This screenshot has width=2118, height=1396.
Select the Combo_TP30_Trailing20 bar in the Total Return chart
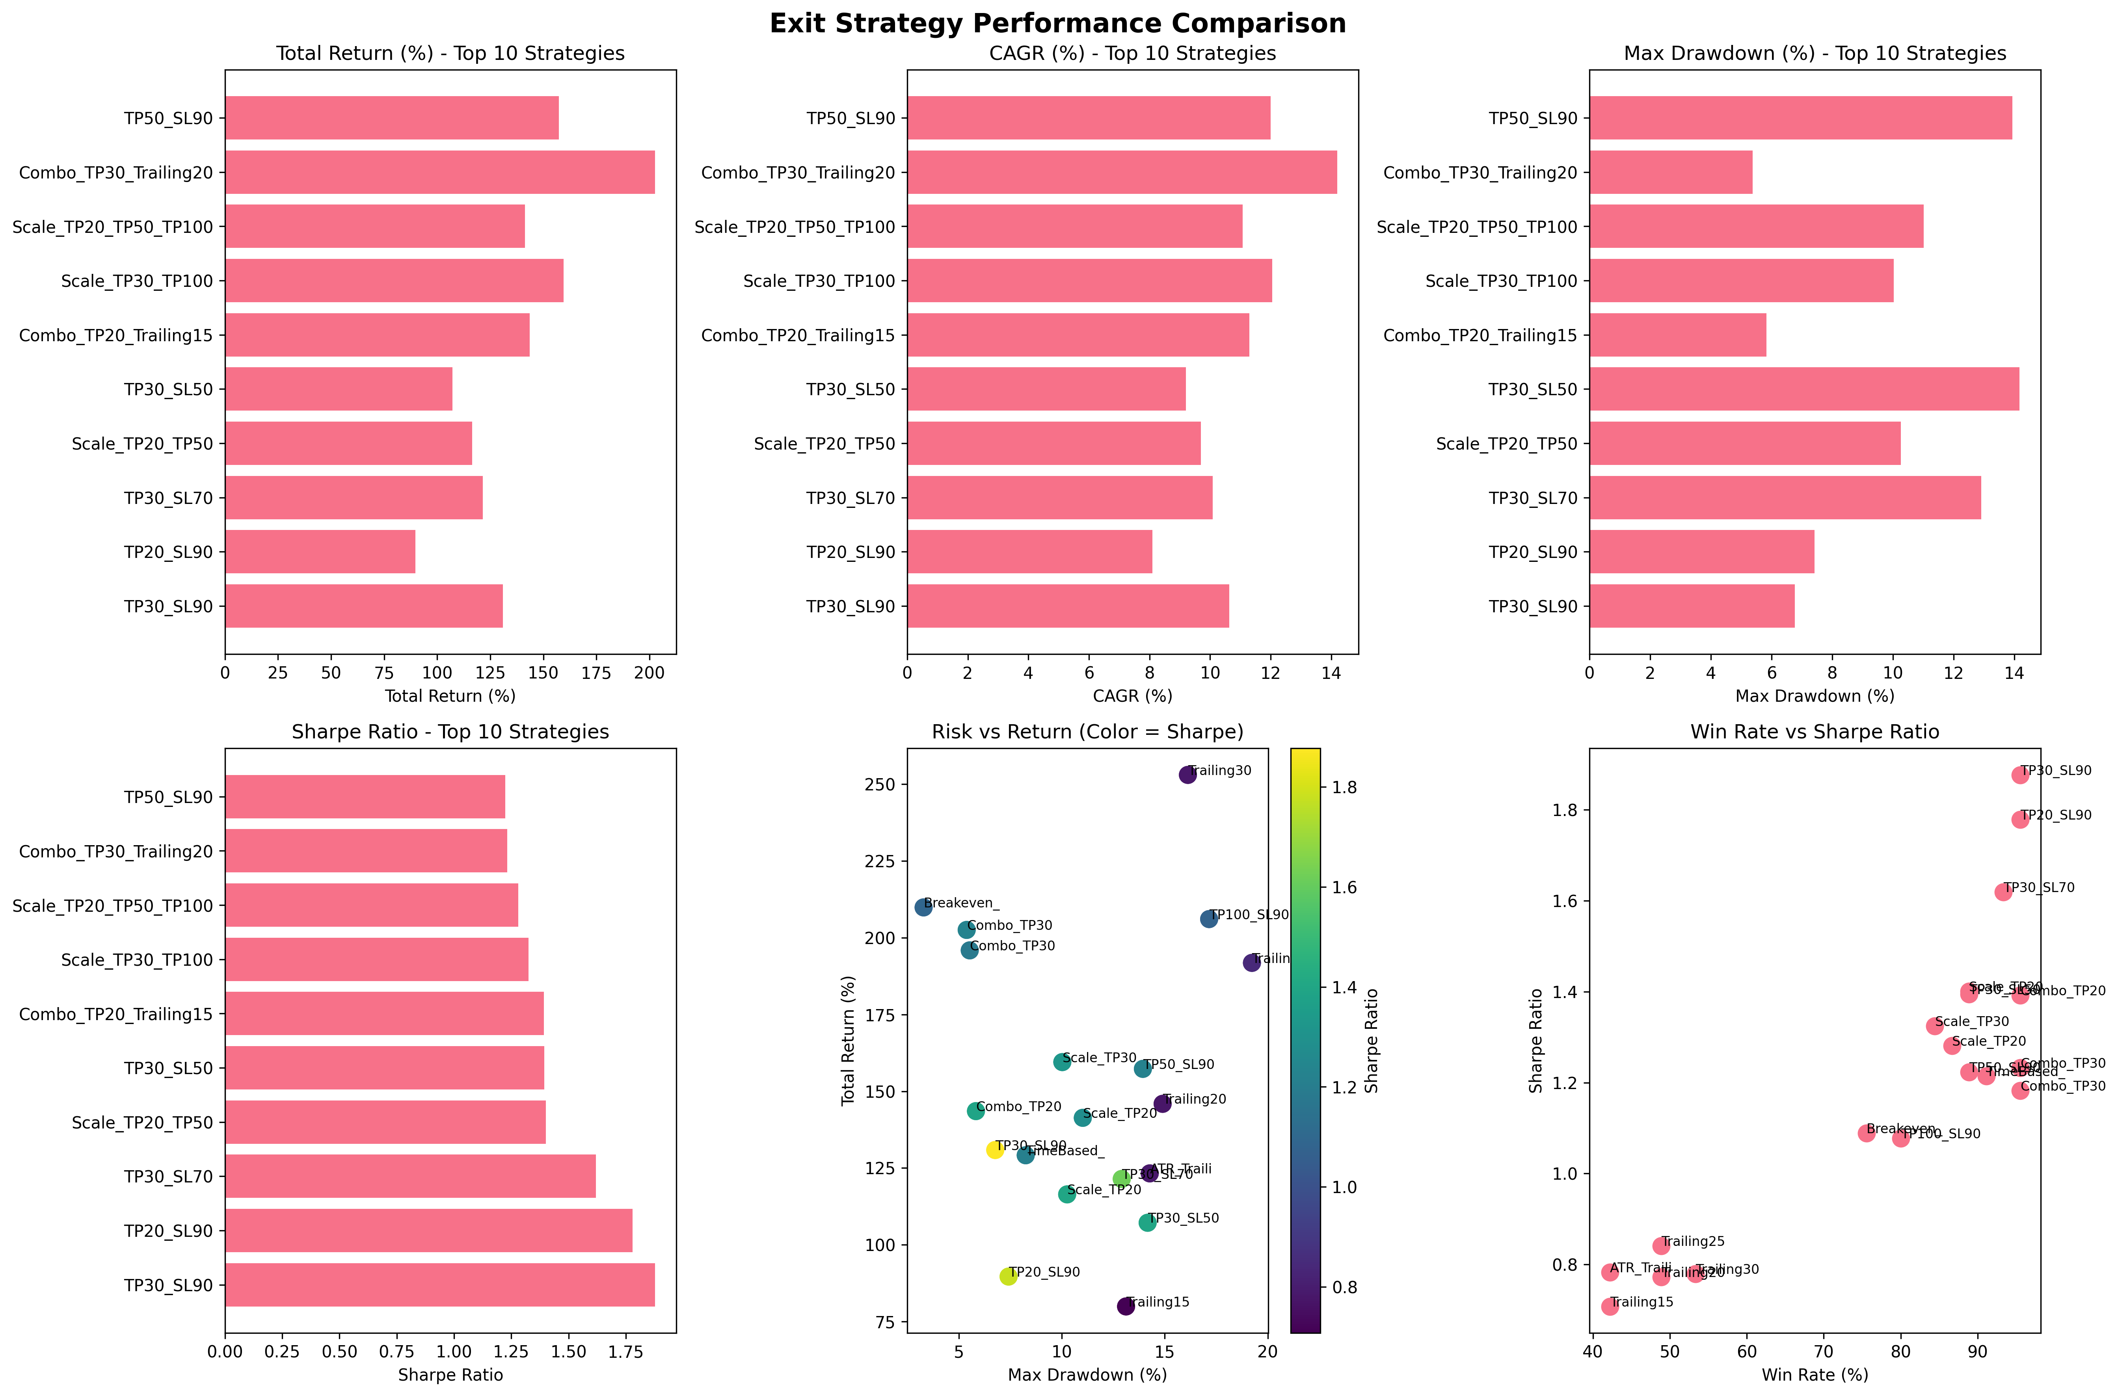point(440,172)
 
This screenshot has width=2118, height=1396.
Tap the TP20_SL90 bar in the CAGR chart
point(1029,552)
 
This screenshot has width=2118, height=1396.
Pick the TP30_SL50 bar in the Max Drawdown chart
point(1804,389)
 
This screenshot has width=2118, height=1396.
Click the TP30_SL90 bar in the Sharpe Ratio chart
point(440,1285)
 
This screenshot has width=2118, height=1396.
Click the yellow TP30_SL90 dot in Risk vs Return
point(994,1149)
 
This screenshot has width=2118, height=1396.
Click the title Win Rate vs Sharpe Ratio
point(1815,732)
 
